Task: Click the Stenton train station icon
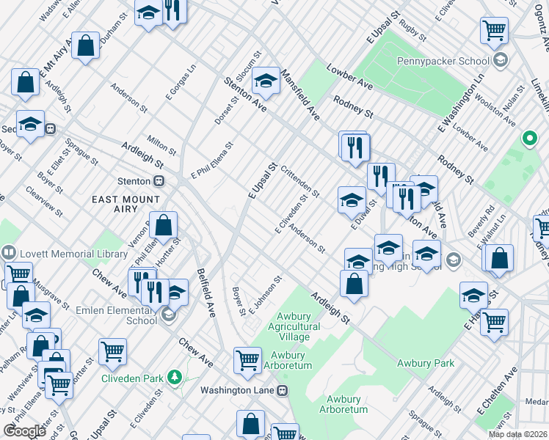158,180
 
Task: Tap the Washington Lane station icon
281,390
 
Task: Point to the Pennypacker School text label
443,61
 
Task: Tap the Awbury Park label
426,363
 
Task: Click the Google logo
24,430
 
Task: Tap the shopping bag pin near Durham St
86,47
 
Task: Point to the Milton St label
162,144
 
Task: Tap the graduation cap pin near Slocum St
266,83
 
